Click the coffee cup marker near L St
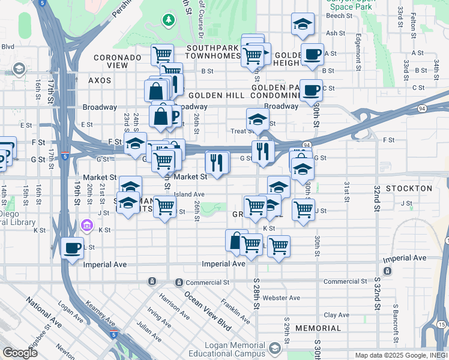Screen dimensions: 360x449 pos(73,248)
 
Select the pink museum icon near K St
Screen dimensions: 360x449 pos(87,226)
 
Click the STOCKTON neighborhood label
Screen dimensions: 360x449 pos(409,188)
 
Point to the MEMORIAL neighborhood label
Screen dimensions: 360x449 pos(318,328)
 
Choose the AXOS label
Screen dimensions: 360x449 pos(100,80)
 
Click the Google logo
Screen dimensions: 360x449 pos(20,353)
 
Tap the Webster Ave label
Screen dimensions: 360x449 pos(281,298)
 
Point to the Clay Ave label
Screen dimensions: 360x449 pos(337,314)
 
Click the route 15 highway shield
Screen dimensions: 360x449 pos(442,325)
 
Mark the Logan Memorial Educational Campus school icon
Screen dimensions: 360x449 pos(275,348)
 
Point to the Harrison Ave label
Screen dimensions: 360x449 pos(174,305)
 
